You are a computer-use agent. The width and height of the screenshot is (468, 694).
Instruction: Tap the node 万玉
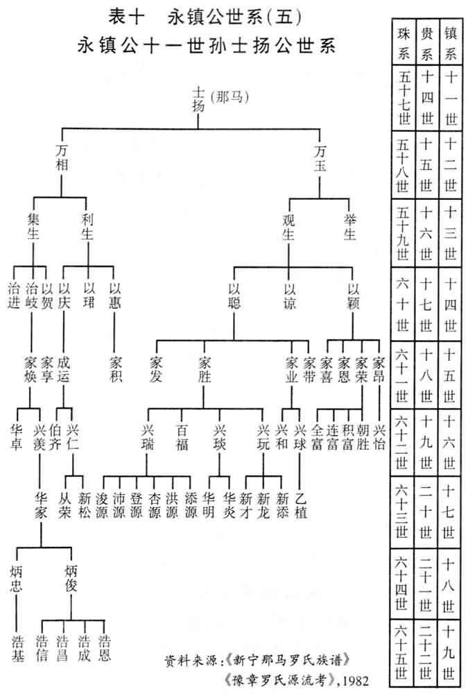point(320,158)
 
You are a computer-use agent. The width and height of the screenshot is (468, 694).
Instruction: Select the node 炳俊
point(71,579)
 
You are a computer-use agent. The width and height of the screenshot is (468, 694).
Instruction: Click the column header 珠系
point(404,42)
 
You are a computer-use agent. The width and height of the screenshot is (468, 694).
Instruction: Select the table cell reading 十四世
point(428,99)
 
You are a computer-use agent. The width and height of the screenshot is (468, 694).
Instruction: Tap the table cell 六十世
point(404,306)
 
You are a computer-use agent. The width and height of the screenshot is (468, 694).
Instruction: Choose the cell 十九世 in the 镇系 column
point(451,652)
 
